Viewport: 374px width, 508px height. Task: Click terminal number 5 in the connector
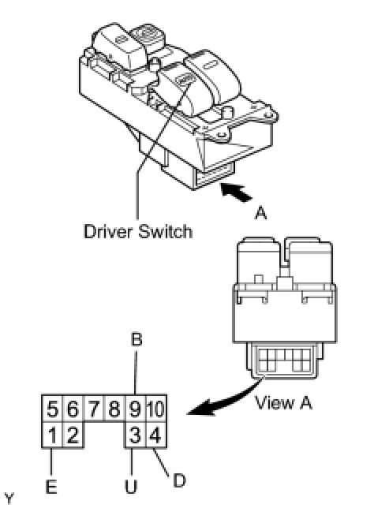[52, 409]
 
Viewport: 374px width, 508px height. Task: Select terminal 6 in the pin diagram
[73, 409]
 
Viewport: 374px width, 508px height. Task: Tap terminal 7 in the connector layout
[93, 409]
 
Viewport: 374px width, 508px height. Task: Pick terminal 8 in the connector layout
[114, 409]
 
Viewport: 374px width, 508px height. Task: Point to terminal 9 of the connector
[135, 409]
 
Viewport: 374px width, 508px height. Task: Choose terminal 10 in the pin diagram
[156, 409]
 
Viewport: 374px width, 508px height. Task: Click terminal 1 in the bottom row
[52, 435]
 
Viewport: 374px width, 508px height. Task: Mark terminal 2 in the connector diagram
[73, 435]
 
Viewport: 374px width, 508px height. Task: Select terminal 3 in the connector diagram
[135, 435]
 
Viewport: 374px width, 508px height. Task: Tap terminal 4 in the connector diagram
[156, 435]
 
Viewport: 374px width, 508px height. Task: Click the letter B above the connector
[137, 340]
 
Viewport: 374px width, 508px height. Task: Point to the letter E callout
[51, 487]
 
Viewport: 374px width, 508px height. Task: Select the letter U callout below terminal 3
[131, 487]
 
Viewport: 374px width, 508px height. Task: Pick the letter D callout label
[179, 481]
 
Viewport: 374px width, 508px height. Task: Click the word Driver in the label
[108, 232]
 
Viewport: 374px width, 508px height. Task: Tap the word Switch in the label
[165, 232]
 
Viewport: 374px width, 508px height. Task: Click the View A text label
[283, 403]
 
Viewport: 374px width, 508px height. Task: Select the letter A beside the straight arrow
[261, 213]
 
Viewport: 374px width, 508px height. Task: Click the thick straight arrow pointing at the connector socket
[236, 192]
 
